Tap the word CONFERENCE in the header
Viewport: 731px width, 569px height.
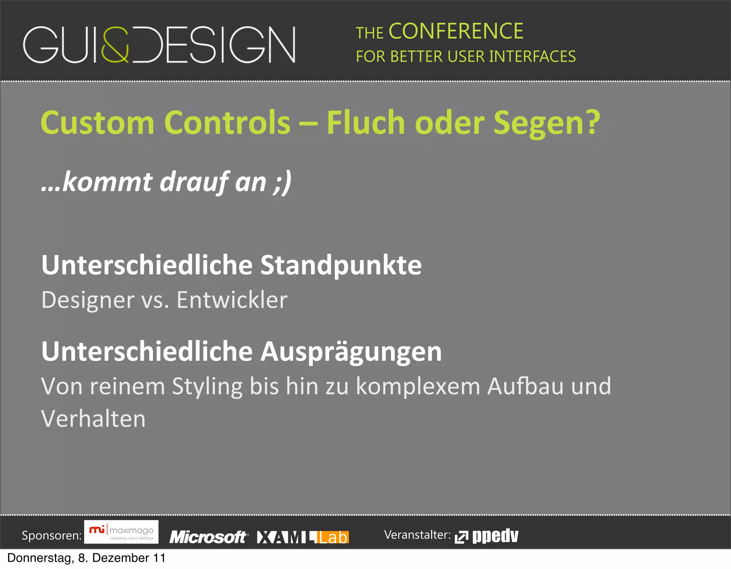point(456,31)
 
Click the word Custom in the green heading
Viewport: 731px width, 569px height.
point(97,123)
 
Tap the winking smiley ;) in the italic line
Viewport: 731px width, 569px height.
point(282,182)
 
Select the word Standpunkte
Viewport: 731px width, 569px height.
point(341,265)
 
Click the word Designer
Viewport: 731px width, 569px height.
point(88,300)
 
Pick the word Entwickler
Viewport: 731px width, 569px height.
point(232,300)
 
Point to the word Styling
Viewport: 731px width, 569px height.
point(207,387)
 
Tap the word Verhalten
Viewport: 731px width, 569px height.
point(94,419)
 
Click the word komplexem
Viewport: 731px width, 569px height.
point(418,386)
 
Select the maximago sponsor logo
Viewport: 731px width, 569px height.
point(121,532)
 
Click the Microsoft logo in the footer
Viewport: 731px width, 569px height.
point(208,537)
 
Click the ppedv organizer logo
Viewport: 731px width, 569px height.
point(487,536)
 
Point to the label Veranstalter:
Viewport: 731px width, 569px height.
point(417,535)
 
